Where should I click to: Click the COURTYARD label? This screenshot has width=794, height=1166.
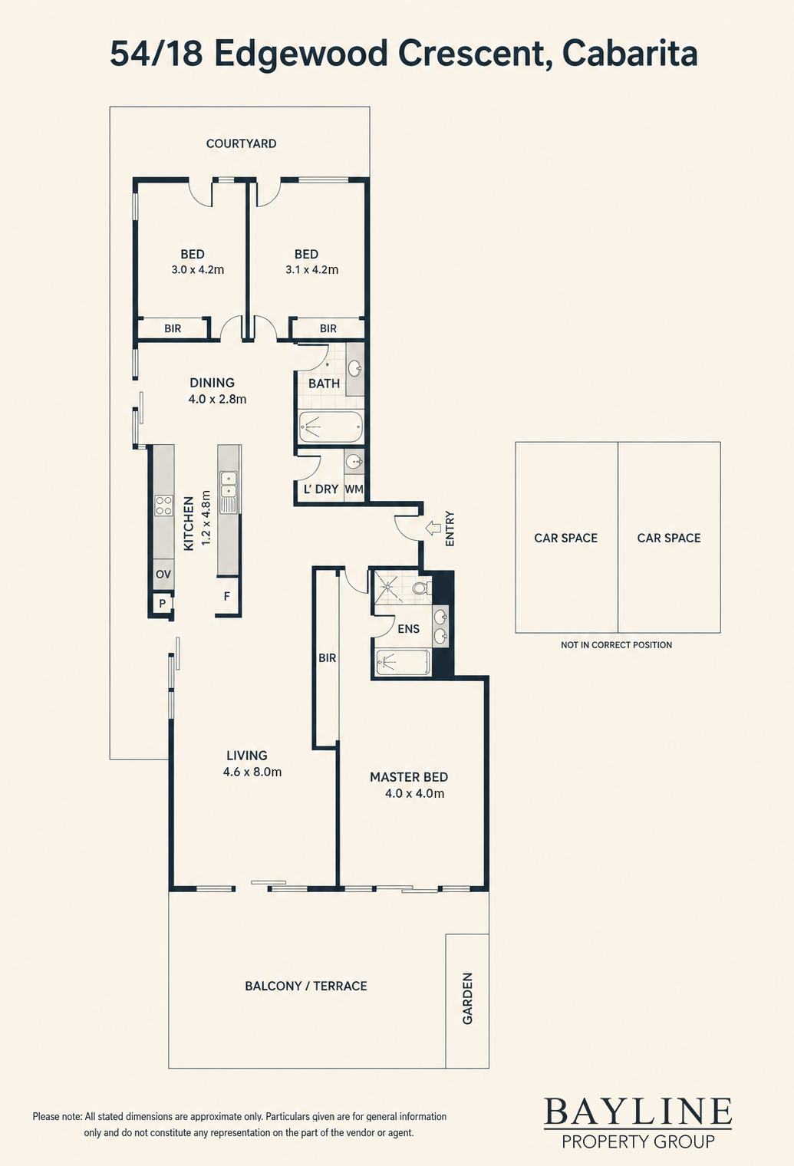[x=241, y=143]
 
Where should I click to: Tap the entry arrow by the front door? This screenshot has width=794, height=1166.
[x=433, y=529]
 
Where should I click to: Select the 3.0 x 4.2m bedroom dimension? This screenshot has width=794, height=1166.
[x=197, y=270]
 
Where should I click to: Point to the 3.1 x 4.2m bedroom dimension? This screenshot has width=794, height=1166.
[x=311, y=270]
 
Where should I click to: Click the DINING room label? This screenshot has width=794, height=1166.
[x=212, y=383]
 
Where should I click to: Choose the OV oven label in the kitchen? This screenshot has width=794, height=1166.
[x=163, y=575]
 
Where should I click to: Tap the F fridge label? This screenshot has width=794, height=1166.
[x=226, y=596]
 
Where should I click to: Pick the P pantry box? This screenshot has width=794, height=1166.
[x=162, y=603]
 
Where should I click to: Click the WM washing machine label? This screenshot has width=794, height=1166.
[x=354, y=489]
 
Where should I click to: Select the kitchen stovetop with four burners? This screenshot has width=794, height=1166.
[x=163, y=506]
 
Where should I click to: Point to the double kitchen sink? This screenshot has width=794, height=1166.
[x=228, y=485]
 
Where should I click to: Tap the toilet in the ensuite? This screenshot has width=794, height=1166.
[x=423, y=588]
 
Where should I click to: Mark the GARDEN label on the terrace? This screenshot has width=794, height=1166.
[x=467, y=999]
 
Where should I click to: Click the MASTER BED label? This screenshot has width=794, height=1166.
[x=409, y=777]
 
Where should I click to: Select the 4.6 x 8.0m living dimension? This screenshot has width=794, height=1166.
[x=252, y=772]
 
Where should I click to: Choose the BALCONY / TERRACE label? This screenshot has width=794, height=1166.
[x=306, y=986]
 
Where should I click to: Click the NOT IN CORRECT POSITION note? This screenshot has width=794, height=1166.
[x=617, y=645]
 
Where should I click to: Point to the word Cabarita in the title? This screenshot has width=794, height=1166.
[x=629, y=54]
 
